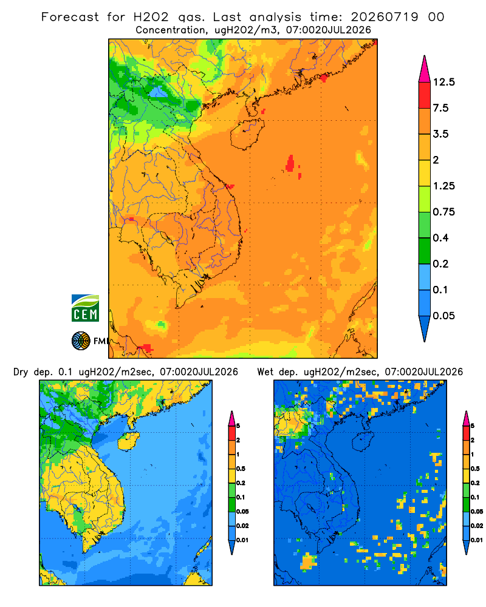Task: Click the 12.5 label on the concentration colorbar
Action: (x=443, y=82)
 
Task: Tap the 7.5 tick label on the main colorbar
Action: (x=440, y=108)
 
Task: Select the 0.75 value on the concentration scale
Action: (x=443, y=212)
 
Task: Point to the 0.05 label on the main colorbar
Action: (x=443, y=316)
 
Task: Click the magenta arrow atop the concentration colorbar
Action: (x=425, y=70)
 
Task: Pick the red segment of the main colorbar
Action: (x=425, y=95)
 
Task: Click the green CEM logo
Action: (x=85, y=308)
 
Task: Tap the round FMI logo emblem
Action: (x=81, y=341)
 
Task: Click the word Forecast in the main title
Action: (x=70, y=17)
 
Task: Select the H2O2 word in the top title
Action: (x=151, y=17)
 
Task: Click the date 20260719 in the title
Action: (x=385, y=17)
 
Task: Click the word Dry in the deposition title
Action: (x=21, y=373)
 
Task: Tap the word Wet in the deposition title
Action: (x=265, y=372)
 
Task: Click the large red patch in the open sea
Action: (x=290, y=164)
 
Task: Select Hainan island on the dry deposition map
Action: (x=128, y=441)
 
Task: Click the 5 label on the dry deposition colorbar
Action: (x=238, y=426)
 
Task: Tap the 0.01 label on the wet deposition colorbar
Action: (x=477, y=540)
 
